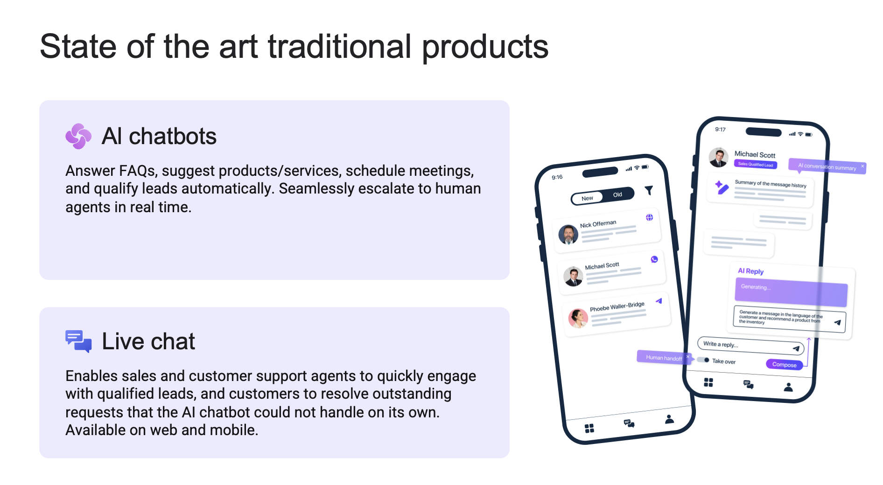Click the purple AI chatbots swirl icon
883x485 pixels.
(78, 136)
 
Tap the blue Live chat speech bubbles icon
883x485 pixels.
(78, 341)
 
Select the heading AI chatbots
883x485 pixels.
(159, 136)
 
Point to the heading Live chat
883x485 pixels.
(148, 341)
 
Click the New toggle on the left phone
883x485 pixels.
(587, 198)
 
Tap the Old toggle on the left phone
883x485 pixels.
(617, 194)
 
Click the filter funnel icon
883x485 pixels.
(649, 190)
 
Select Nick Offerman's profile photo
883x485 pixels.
(568, 235)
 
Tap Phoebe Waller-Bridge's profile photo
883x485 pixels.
(578, 318)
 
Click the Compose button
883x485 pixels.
(784, 365)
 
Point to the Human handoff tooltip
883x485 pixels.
(664, 357)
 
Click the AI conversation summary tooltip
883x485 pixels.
(827, 166)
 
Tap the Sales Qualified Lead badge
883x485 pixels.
(756, 164)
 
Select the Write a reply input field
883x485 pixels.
(750, 346)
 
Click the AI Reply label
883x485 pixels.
(750, 271)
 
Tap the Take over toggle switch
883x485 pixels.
(703, 360)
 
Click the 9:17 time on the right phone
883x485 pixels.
(720, 130)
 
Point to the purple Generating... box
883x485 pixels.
(791, 292)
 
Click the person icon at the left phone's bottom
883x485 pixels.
(669, 419)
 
